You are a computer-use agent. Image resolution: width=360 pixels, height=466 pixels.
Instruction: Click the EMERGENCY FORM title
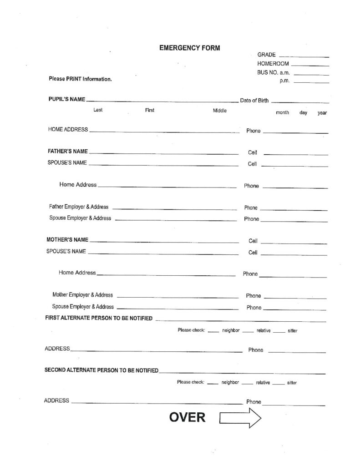[x=189, y=47]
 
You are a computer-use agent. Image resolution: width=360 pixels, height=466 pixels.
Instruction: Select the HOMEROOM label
[x=272, y=64]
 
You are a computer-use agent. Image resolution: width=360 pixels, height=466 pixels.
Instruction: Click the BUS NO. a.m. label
[x=274, y=72]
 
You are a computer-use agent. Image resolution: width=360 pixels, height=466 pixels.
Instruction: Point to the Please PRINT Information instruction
[x=80, y=79]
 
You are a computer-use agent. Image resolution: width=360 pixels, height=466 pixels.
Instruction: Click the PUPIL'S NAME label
[x=66, y=99]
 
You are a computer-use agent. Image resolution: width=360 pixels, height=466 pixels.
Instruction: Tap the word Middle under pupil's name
[x=219, y=111]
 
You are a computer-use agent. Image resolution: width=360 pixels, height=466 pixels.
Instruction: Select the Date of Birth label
[x=254, y=101]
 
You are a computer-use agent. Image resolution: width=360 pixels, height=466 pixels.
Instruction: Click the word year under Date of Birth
[x=322, y=112]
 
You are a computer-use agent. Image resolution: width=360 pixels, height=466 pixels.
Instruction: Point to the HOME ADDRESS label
[x=68, y=130]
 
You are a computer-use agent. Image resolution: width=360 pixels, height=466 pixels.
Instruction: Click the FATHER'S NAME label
[x=68, y=151]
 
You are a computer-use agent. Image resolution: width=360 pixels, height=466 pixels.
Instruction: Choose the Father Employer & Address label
[x=79, y=207]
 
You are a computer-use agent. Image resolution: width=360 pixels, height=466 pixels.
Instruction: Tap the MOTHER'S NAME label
[x=67, y=240]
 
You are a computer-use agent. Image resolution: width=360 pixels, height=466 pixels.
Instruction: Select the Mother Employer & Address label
[x=82, y=295]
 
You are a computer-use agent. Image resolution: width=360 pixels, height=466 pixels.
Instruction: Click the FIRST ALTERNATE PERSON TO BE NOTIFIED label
[x=99, y=318]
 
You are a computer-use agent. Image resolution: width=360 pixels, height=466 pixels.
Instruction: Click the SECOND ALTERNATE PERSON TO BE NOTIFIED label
[x=101, y=370]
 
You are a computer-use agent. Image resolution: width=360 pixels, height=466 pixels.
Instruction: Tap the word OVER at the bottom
[x=187, y=417]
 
